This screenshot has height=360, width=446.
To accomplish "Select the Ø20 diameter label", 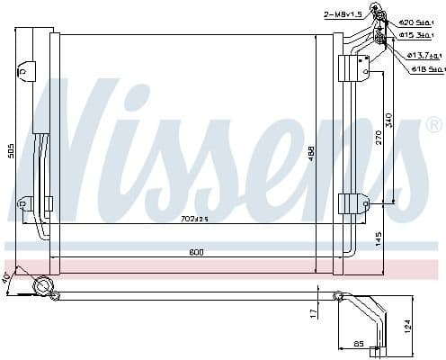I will (x=424, y=21).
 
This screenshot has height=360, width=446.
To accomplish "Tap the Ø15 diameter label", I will (x=424, y=35).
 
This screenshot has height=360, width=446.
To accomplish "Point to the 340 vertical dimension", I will (x=389, y=119).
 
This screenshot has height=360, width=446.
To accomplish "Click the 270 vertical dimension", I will (x=379, y=137).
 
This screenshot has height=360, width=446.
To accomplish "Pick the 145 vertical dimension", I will (x=379, y=238).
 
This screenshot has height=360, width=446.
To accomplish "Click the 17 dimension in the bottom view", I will (x=312, y=312).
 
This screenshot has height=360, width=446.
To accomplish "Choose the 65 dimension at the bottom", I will (x=358, y=342).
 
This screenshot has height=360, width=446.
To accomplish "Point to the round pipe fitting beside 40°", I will (x=40, y=287).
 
